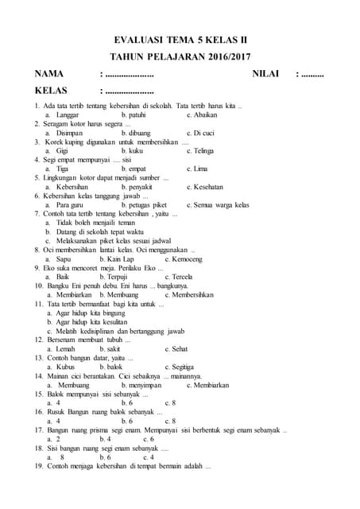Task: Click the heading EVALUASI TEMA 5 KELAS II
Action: pyautogui.click(x=180, y=38)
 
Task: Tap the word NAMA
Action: pyautogui.click(x=49, y=74)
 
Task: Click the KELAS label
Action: pyautogui.click(x=52, y=91)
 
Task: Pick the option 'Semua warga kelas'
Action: pyautogui.click(x=222, y=205)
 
